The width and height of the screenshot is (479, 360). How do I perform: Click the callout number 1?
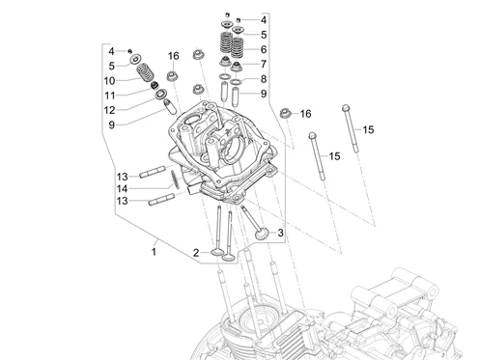pyautogui.click(x=154, y=252)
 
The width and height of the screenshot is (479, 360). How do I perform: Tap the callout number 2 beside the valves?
pyautogui.click(x=196, y=253)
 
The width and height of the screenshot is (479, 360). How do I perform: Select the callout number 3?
pyautogui.click(x=280, y=233)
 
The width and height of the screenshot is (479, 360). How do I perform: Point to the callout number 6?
pyautogui.click(x=264, y=49)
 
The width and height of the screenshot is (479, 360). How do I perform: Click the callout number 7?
pyautogui.click(x=264, y=64)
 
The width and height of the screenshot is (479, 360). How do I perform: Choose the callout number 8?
pyautogui.click(x=264, y=79)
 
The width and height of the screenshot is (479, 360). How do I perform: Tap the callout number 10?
pyautogui.click(x=109, y=81)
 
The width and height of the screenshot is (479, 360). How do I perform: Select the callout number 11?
pyautogui.click(x=110, y=96)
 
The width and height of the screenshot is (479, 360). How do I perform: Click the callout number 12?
pyautogui.click(x=110, y=110)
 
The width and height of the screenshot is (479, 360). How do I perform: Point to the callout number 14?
pyautogui.click(x=122, y=189)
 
